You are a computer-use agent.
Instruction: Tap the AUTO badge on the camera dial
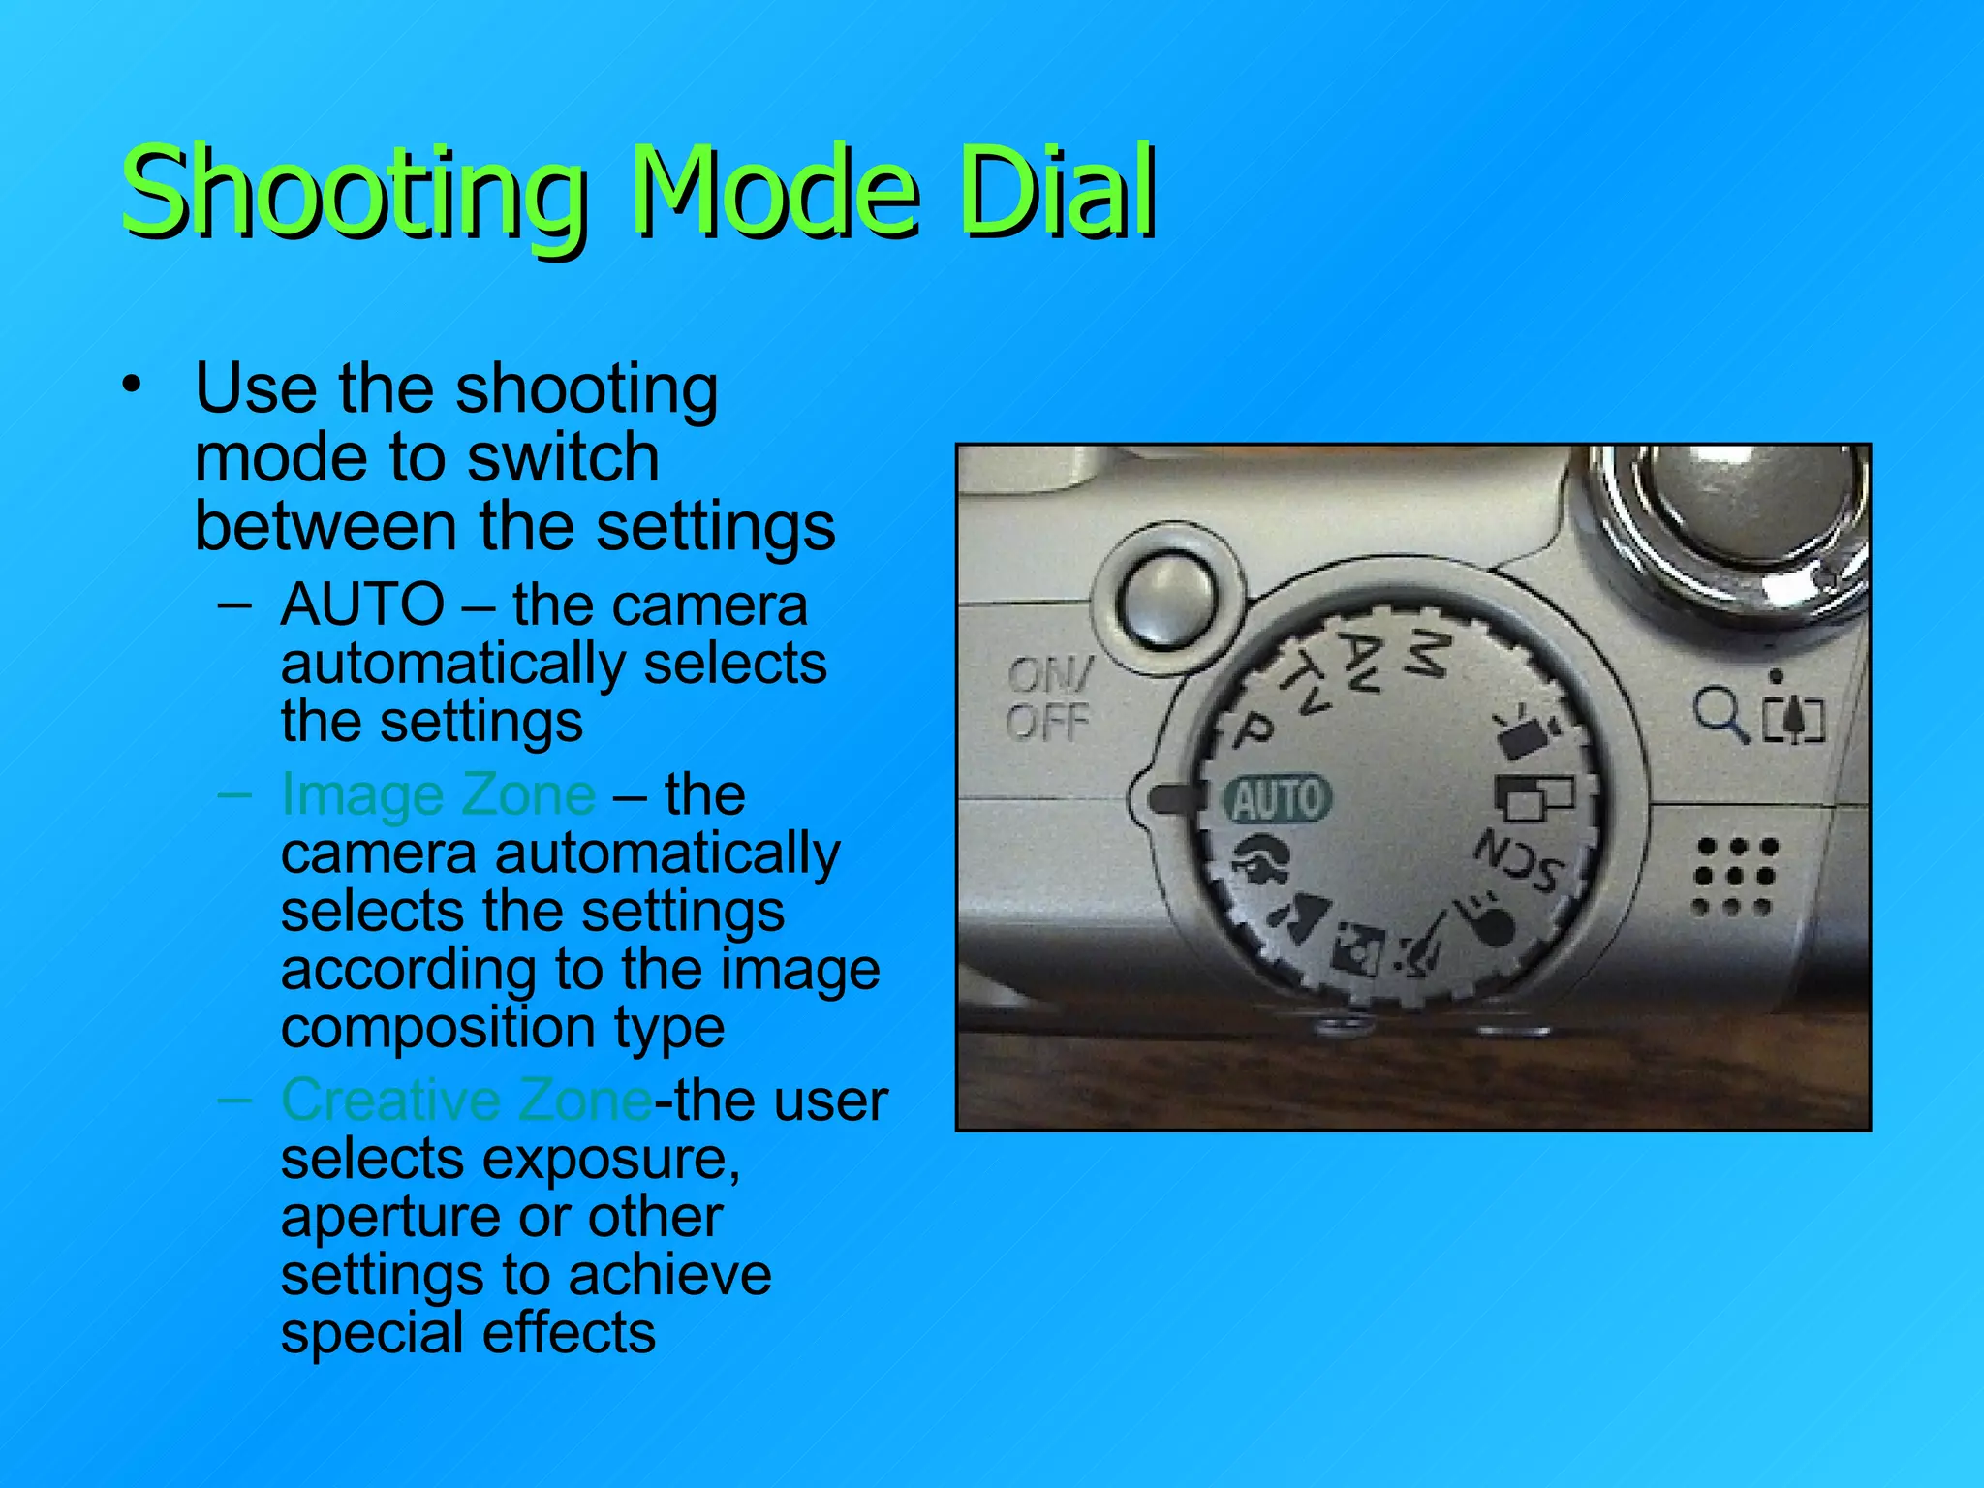[1278, 799]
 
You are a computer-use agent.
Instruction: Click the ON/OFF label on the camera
[1048, 697]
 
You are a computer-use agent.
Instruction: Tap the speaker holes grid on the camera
[1735, 877]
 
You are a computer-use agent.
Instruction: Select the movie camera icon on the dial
[1526, 734]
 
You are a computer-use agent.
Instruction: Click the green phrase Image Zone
[438, 794]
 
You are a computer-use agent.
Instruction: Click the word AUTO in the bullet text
[362, 604]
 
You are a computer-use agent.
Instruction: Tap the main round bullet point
[132, 386]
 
